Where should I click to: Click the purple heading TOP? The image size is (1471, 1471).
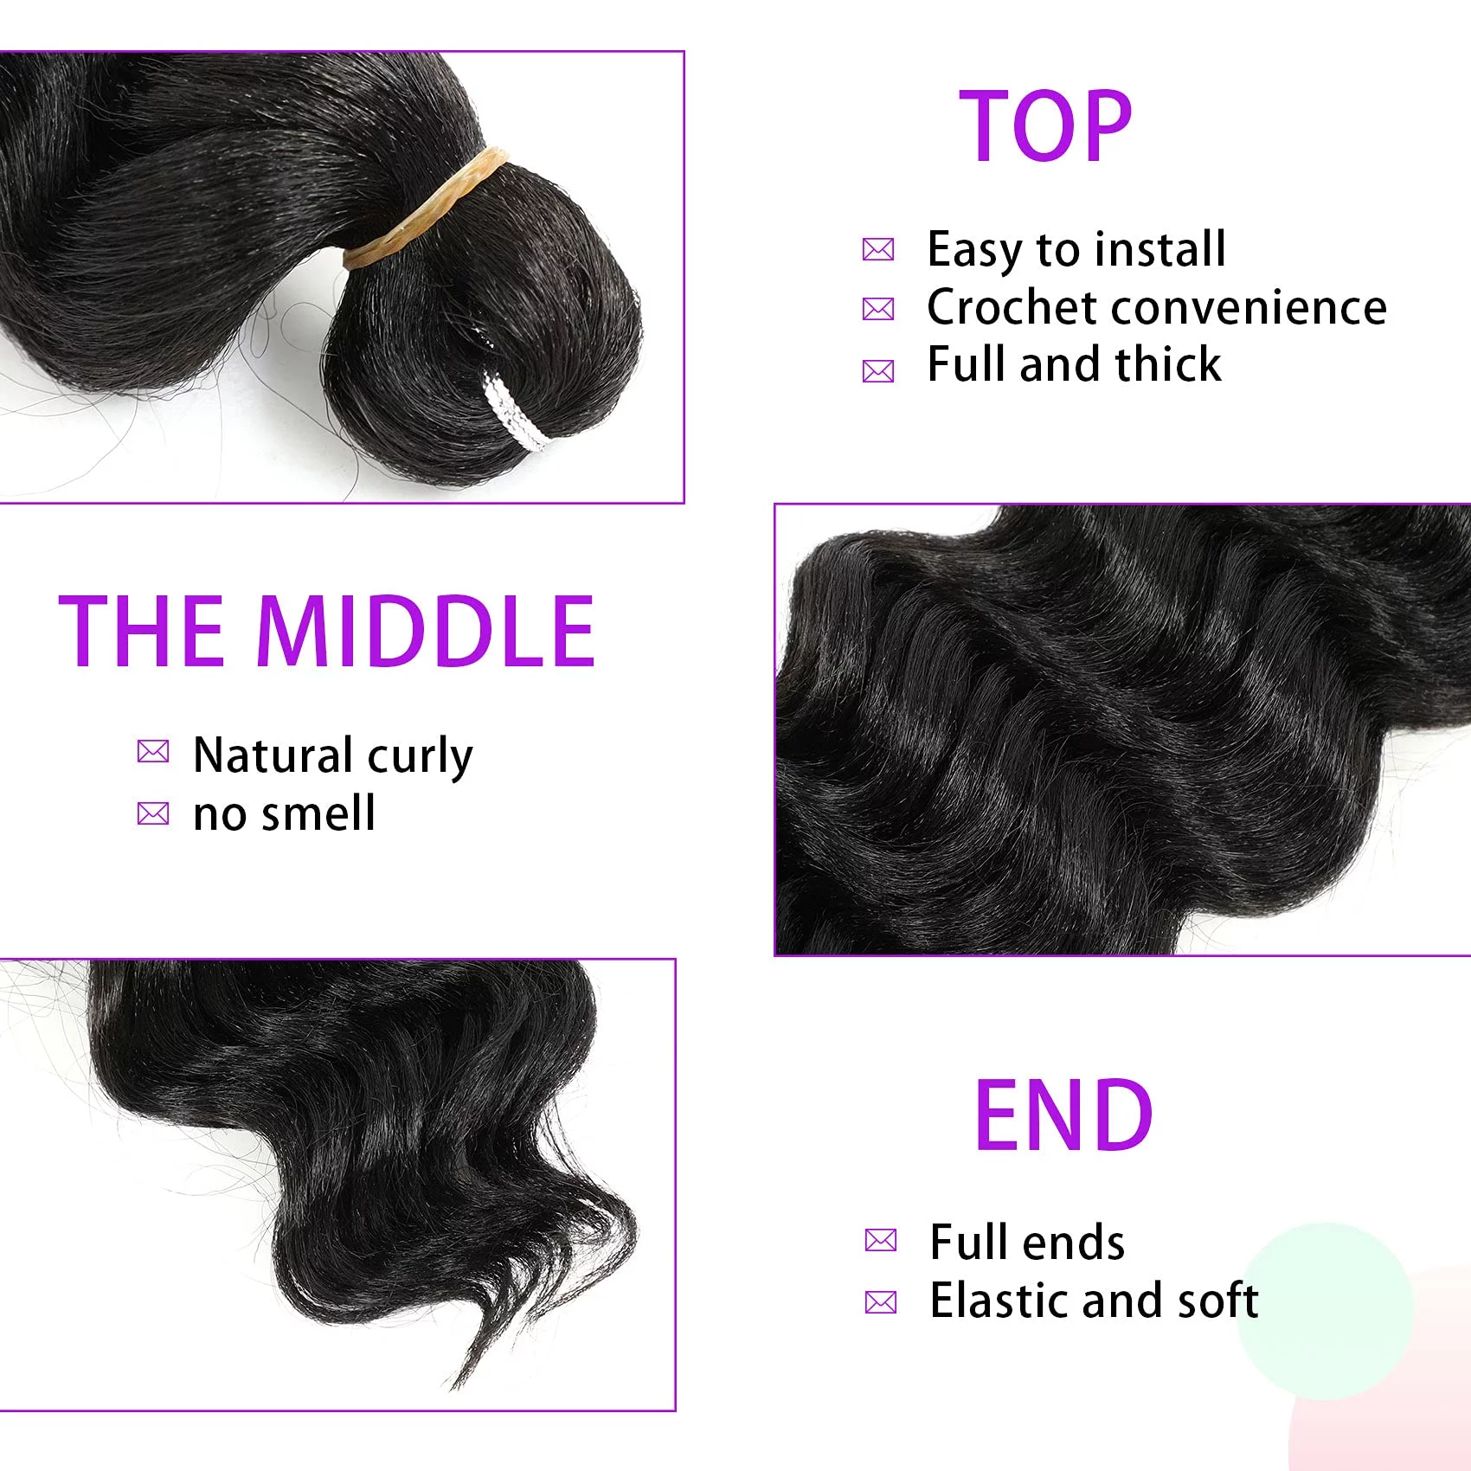pyautogui.click(x=1045, y=125)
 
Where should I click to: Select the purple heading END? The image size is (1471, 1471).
pyautogui.click(x=1063, y=1115)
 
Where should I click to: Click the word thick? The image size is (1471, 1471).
pyautogui.click(x=1168, y=364)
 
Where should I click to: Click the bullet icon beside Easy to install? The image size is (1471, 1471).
pyautogui.click(x=878, y=250)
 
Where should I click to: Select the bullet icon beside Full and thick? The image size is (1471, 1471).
pyautogui.click(x=878, y=371)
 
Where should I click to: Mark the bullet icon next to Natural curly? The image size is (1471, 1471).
pyautogui.click(x=153, y=751)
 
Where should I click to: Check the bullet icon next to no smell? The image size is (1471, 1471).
pyautogui.click(x=153, y=813)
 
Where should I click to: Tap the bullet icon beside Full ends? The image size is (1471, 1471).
pyautogui.click(x=881, y=1240)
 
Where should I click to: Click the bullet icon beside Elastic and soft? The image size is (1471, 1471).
pyautogui.click(x=881, y=1301)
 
